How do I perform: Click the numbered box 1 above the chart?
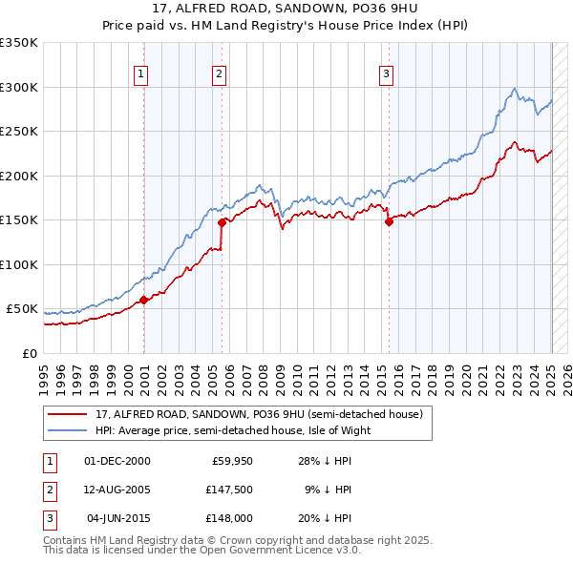pyautogui.click(x=140, y=74)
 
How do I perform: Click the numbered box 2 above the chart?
pyautogui.click(x=219, y=74)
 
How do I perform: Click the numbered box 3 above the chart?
pyautogui.click(x=386, y=74)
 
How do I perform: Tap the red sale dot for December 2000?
pyautogui.click(x=143, y=300)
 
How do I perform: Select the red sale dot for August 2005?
pyautogui.click(x=222, y=222)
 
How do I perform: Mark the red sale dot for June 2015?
pyautogui.click(x=389, y=222)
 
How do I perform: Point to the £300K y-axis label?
pyautogui.click(x=19, y=87)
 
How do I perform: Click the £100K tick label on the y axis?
pyautogui.click(x=19, y=264)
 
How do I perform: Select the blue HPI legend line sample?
pyautogui.click(x=68, y=430)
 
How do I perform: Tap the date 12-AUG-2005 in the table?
pyautogui.click(x=117, y=490)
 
